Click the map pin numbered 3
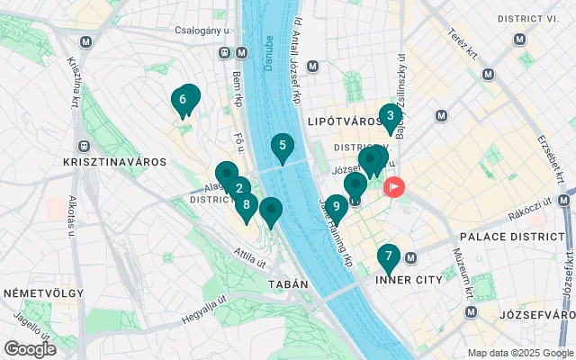389,116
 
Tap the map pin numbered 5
283,146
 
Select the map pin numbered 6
183,100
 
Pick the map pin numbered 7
388,256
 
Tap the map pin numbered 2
238,189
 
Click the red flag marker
394,187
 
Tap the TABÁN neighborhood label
287,284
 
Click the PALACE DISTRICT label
511,236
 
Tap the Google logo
30,348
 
